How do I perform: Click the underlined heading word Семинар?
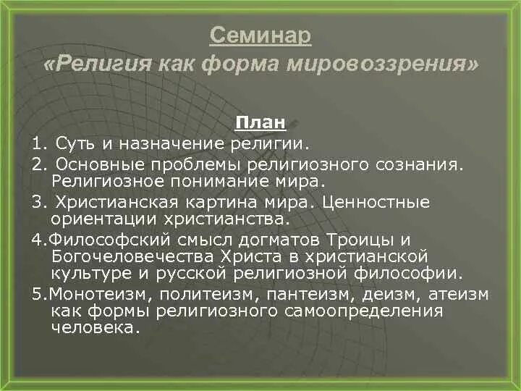point(260,34)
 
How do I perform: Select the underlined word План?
point(260,122)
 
